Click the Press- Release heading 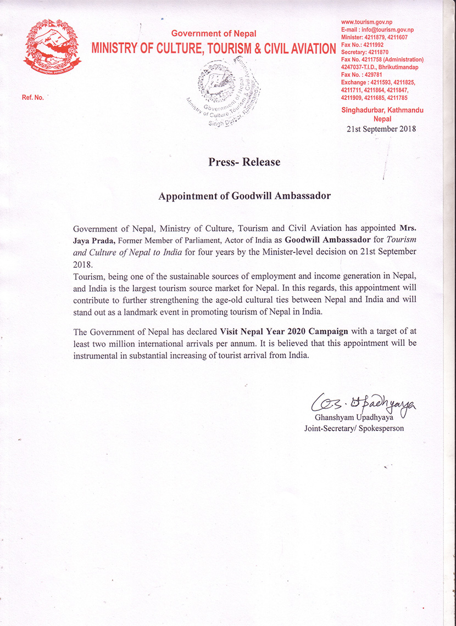coord(244,162)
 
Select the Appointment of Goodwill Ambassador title coord(244,196)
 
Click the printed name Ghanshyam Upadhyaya coord(354,419)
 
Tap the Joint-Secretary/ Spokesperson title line coord(354,428)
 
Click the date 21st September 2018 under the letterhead coord(381,129)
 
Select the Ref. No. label coord(32,98)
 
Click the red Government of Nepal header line coord(214,34)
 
